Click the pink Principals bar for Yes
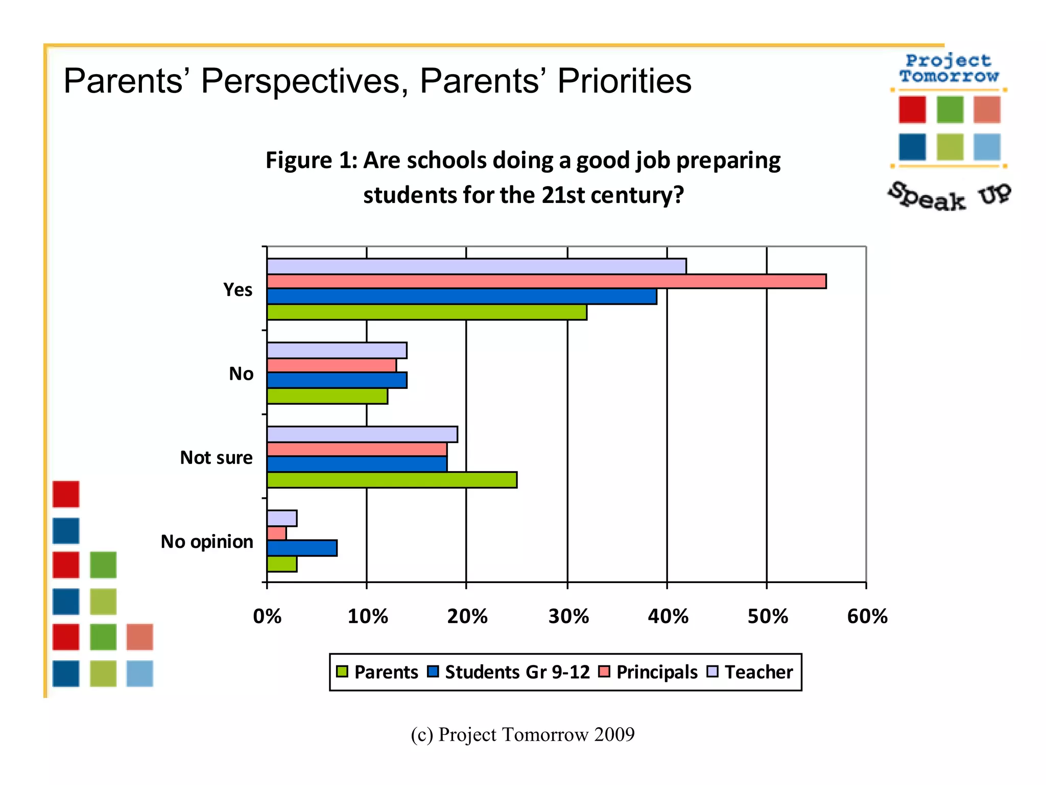tap(546, 282)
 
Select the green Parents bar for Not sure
tap(392, 480)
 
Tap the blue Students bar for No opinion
tap(302, 548)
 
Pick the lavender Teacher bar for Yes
tap(477, 266)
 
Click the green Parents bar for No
tap(327, 396)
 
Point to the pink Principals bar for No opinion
tap(277, 534)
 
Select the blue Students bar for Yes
tap(462, 296)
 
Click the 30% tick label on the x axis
tap(568, 617)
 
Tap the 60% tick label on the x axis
tap(867, 617)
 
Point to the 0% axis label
tap(267, 617)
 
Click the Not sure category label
tap(216, 457)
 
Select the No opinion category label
tap(207, 541)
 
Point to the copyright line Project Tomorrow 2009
tap(522, 734)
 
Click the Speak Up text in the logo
tap(949, 197)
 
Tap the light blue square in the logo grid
tap(986, 147)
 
